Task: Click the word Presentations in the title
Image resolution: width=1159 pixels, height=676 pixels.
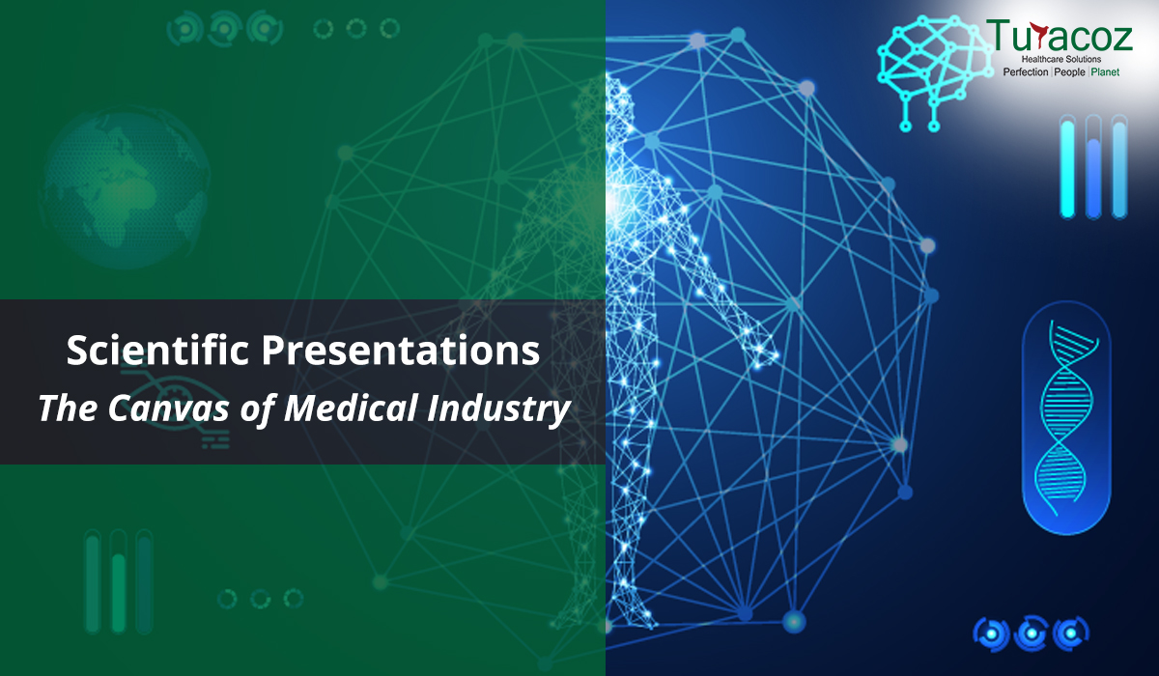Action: [x=401, y=351]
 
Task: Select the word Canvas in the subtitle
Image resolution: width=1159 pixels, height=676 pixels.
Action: [x=168, y=408]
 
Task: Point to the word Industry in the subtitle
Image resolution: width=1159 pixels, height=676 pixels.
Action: [x=499, y=409]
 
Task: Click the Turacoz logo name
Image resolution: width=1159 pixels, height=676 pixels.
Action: [x=1060, y=36]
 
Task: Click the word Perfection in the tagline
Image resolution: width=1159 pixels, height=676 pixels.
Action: [x=1026, y=71]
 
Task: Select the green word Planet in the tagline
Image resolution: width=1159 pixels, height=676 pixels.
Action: [x=1105, y=71]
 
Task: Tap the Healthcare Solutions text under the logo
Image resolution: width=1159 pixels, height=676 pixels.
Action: [x=1060, y=59]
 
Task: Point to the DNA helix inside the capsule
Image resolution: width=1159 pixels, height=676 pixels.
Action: [x=1066, y=417]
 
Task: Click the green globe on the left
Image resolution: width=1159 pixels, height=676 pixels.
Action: [x=125, y=187]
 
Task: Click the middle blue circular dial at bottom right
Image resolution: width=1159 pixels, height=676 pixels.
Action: [x=1032, y=634]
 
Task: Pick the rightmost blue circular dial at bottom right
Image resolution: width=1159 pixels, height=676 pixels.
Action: [x=1071, y=634]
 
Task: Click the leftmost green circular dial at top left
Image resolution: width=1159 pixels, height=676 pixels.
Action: [x=184, y=29]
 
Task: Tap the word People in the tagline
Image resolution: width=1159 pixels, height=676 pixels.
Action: [x=1069, y=71]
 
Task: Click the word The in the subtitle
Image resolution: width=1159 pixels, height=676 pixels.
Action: [x=68, y=408]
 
